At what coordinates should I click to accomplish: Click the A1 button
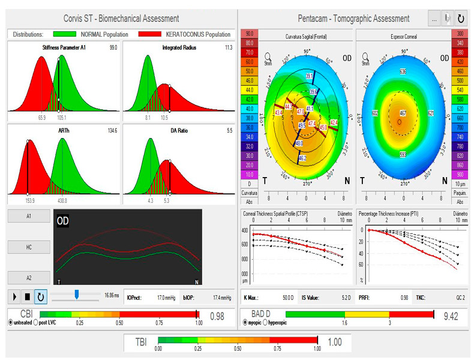[28, 216]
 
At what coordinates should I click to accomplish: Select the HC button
[28, 247]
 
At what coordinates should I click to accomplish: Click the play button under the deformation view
[15, 296]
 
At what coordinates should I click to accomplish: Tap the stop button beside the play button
[28, 296]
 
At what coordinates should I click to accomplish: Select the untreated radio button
[11, 322]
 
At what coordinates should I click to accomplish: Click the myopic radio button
[245, 323]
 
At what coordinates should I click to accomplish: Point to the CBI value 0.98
[217, 316]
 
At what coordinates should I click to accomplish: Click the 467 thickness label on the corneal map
[404, 113]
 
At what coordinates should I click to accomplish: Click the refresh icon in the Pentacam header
[461, 19]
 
